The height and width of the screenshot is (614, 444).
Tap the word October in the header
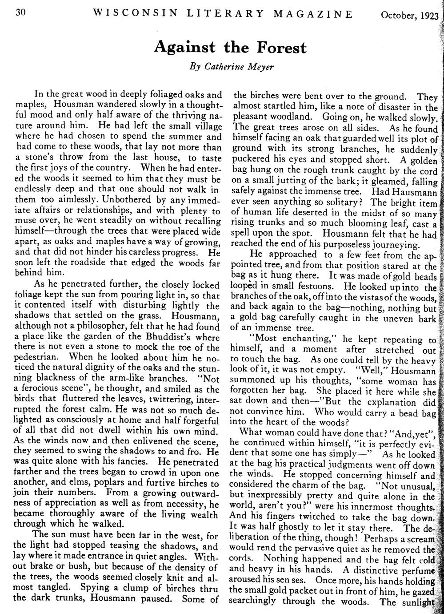(x=396, y=16)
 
